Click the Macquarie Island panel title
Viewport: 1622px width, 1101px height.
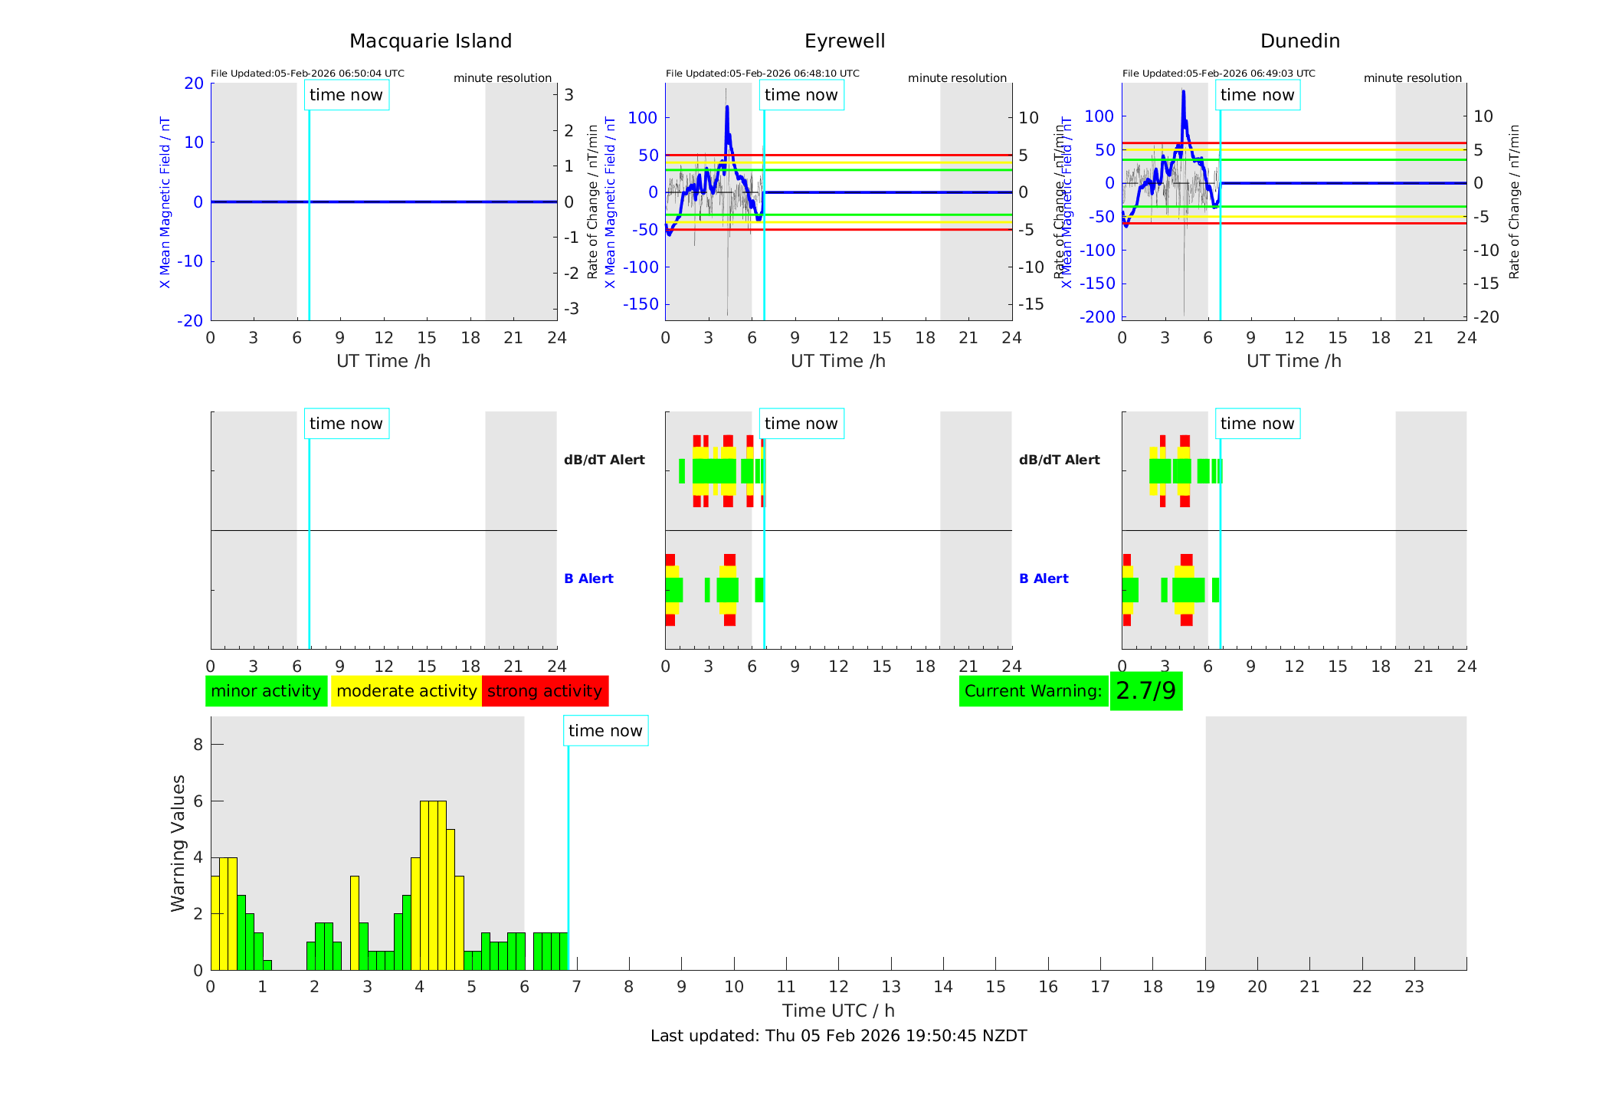(x=431, y=41)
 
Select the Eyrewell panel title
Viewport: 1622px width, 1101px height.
(x=844, y=41)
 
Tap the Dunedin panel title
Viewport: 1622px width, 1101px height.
(x=1299, y=41)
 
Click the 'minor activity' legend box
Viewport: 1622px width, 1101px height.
(x=266, y=691)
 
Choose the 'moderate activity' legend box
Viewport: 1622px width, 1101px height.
(x=406, y=691)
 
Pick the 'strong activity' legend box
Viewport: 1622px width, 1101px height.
(x=545, y=691)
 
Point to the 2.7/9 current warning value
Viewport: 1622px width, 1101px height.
(x=1145, y=691)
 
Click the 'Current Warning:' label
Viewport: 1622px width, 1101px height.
(x=1033, y=691)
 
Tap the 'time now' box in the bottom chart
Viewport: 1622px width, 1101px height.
(x=605, y=731)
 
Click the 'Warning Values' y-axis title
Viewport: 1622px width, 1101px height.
(x=179, y=843)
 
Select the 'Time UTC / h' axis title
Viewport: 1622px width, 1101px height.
(x=838, y=1011)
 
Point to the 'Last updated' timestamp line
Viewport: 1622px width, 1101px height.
(x=838, y=1036)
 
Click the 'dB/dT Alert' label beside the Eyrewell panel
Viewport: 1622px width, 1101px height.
(x=605, y=460)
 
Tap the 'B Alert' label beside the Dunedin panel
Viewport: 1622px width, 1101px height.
(x=1044, y=578)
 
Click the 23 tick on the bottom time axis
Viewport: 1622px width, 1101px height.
(x=1414, y=987)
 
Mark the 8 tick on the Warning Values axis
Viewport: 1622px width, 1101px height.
(x=198, y=745)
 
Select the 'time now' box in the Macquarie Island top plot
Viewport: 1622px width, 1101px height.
(x=346, y=95)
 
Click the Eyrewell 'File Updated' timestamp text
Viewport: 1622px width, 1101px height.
(x=762, y=74)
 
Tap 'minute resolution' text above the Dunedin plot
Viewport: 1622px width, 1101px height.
(x=1412, y=78)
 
